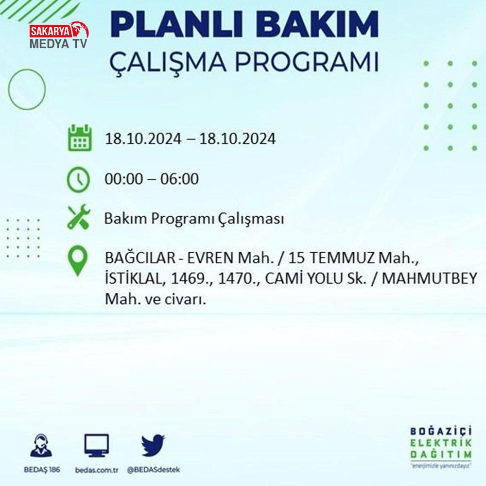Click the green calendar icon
click(80, 138)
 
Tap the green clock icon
click(78, 179)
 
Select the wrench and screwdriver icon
click(79, 217)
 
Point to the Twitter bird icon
click(153, 445)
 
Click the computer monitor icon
click(97, 445)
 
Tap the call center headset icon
click(41, 445)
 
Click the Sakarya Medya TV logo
click(59, 35)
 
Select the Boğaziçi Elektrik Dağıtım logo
click(441, 447)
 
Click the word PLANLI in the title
click(177, 24)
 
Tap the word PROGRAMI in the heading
click(307, 62)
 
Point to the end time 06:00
click(179, 179)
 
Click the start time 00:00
click(124, 179)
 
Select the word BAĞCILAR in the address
click(140, 258)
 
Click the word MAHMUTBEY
click(430, 278)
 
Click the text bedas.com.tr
click(97, 470)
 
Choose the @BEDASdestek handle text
click(154, 470)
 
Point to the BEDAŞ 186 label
click(42, 469)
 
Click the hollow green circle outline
click(9, 89)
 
